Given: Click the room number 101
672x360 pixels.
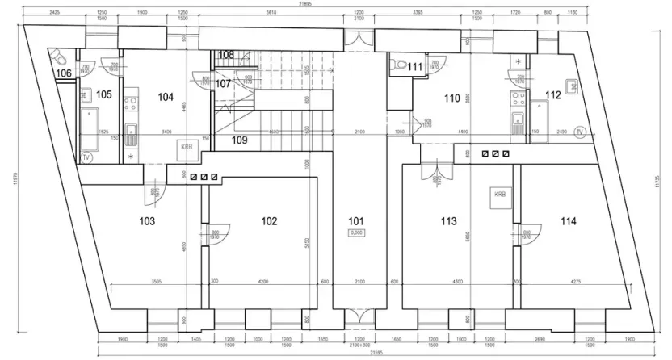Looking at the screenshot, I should coord(356,220).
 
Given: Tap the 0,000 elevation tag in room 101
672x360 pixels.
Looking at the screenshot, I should coord(356,233).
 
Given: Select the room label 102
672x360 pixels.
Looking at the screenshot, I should coord(269,220).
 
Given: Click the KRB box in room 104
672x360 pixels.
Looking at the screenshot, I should coord(186,148).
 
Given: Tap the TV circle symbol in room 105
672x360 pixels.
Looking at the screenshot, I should coord(86,157).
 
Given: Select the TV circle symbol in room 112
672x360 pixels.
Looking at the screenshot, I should coord(579,132).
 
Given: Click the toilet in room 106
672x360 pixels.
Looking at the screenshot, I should coord(59,58).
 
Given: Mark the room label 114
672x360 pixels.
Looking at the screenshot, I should coord(569,220).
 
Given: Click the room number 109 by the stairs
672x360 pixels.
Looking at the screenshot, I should coord(239,140).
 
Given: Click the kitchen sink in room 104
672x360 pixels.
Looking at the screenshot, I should coord(131,133).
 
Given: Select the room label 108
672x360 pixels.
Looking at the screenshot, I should coord(226,55).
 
